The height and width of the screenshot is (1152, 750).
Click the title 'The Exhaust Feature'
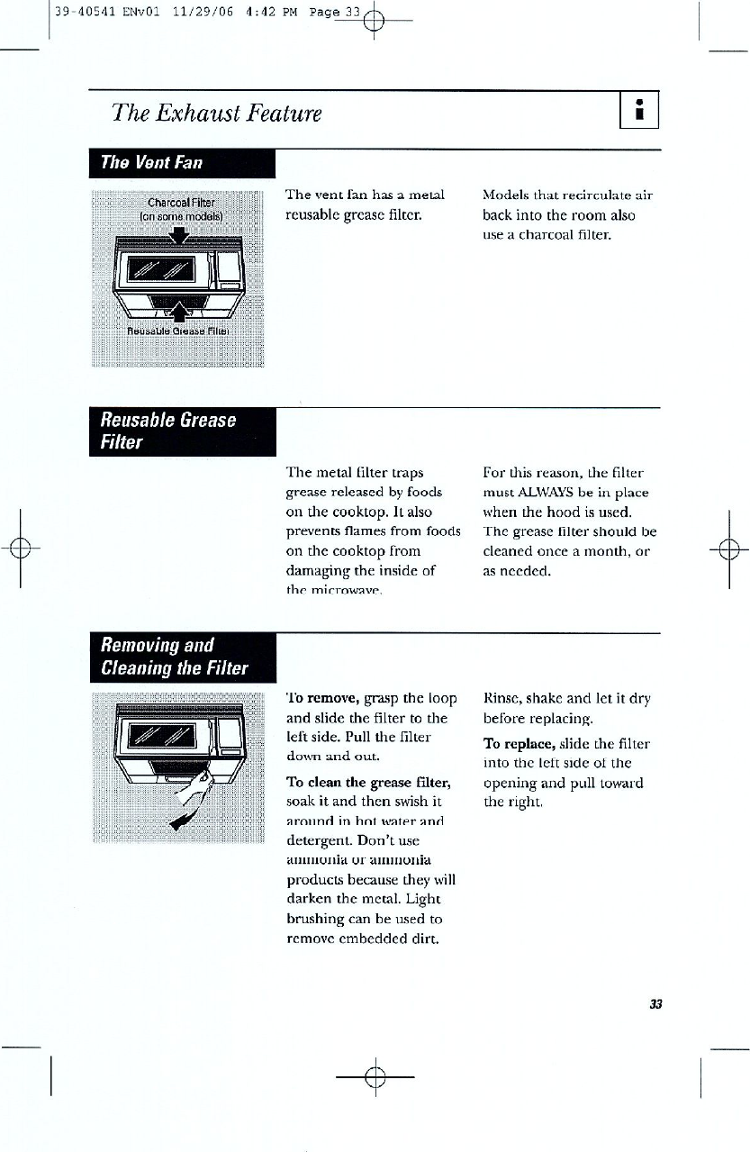point(216,113)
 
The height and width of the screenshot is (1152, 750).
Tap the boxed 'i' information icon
point(640,112)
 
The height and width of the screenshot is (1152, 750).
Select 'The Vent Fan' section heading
point(152,163)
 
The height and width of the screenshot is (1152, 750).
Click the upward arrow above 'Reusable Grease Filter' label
point(181,313)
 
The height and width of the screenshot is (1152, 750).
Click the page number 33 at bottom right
point(655,1004)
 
